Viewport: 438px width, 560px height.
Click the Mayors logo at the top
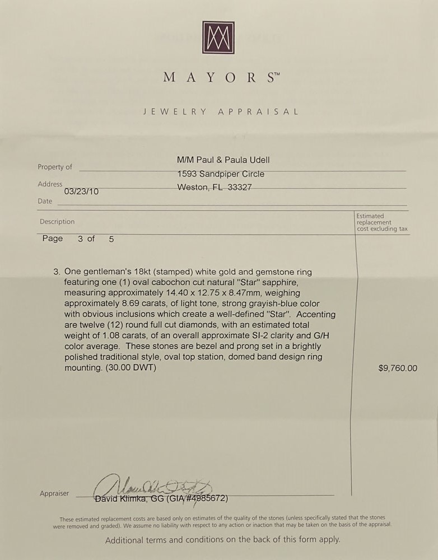point(218,38)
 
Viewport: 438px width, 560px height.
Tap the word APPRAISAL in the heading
point(258,111)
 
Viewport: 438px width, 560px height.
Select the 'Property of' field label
point(55,167)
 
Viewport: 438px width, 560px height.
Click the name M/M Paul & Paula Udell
point(223,160)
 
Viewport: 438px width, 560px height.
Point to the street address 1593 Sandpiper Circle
point(221,174)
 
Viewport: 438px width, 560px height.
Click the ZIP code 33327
point(240,188)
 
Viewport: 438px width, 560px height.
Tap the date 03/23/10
point(82,192)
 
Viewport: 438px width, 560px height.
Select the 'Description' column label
point(57,222)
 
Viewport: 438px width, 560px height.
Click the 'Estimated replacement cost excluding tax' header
point(383,222)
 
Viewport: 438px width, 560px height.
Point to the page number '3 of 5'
point(96,239)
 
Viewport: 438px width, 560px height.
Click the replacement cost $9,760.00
point(398,368)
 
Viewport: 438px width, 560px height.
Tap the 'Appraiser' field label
point(54,493)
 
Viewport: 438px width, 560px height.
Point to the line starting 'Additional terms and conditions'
point(222,540)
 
